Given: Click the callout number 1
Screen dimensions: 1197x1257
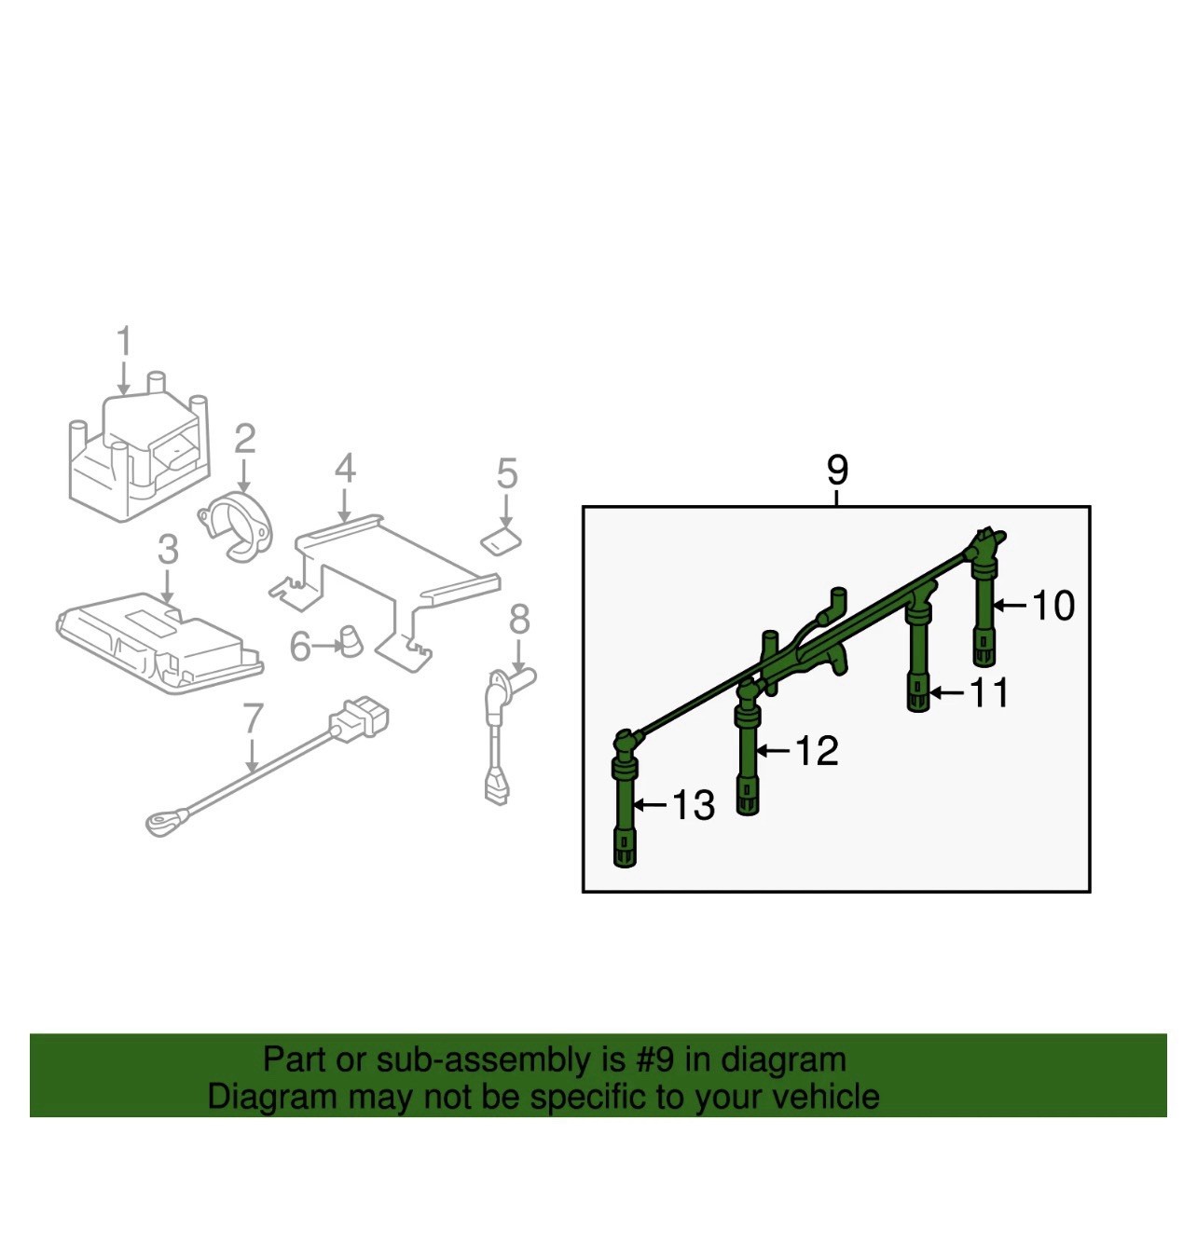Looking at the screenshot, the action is [124, 341].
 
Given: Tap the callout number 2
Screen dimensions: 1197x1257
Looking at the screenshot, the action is [244, 439].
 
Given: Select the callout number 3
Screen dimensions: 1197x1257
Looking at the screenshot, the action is [168, 550].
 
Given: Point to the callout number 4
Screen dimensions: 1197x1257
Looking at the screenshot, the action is [345, 468].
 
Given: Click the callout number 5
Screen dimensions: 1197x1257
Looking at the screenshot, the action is [507, 473].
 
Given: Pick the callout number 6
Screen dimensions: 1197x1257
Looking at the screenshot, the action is [300, 647].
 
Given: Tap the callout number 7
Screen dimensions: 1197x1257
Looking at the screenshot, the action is [254, 718].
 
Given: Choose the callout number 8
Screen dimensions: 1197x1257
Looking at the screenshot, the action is [519, 620].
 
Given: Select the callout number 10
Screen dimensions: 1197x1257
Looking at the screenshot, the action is [1053, 606].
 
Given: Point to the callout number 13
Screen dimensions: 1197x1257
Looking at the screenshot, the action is [694, 805].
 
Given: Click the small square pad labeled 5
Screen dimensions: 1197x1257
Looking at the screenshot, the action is [501, 541].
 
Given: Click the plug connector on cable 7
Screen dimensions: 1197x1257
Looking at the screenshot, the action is [359, 718].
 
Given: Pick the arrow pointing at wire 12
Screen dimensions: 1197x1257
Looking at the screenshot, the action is [776, 750].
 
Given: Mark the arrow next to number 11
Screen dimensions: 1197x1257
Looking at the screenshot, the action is [947, 691].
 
